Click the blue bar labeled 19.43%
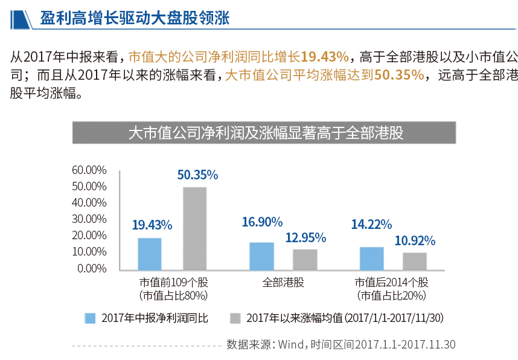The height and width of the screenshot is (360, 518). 149,254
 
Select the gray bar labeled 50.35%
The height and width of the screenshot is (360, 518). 194,228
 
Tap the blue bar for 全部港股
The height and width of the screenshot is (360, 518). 261,256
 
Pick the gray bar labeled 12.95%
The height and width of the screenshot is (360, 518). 305,259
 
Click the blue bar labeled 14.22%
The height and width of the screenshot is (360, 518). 371,258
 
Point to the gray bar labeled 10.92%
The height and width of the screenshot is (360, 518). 415,261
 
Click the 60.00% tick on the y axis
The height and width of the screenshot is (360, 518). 89,170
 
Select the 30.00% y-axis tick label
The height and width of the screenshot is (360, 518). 89,219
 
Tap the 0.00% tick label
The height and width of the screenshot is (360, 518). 92,268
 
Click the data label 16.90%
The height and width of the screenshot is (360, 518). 261,222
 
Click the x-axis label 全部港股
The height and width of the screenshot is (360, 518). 283,282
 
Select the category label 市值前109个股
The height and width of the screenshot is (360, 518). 173,282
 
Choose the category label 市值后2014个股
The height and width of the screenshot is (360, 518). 392,282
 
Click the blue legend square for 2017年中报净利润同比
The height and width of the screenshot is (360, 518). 91,318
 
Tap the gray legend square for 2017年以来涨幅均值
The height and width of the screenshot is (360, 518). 235,318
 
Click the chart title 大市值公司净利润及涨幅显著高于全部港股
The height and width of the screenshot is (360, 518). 266,133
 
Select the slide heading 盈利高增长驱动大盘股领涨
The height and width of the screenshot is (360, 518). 135,18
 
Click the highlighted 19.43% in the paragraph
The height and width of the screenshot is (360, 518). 325,57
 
